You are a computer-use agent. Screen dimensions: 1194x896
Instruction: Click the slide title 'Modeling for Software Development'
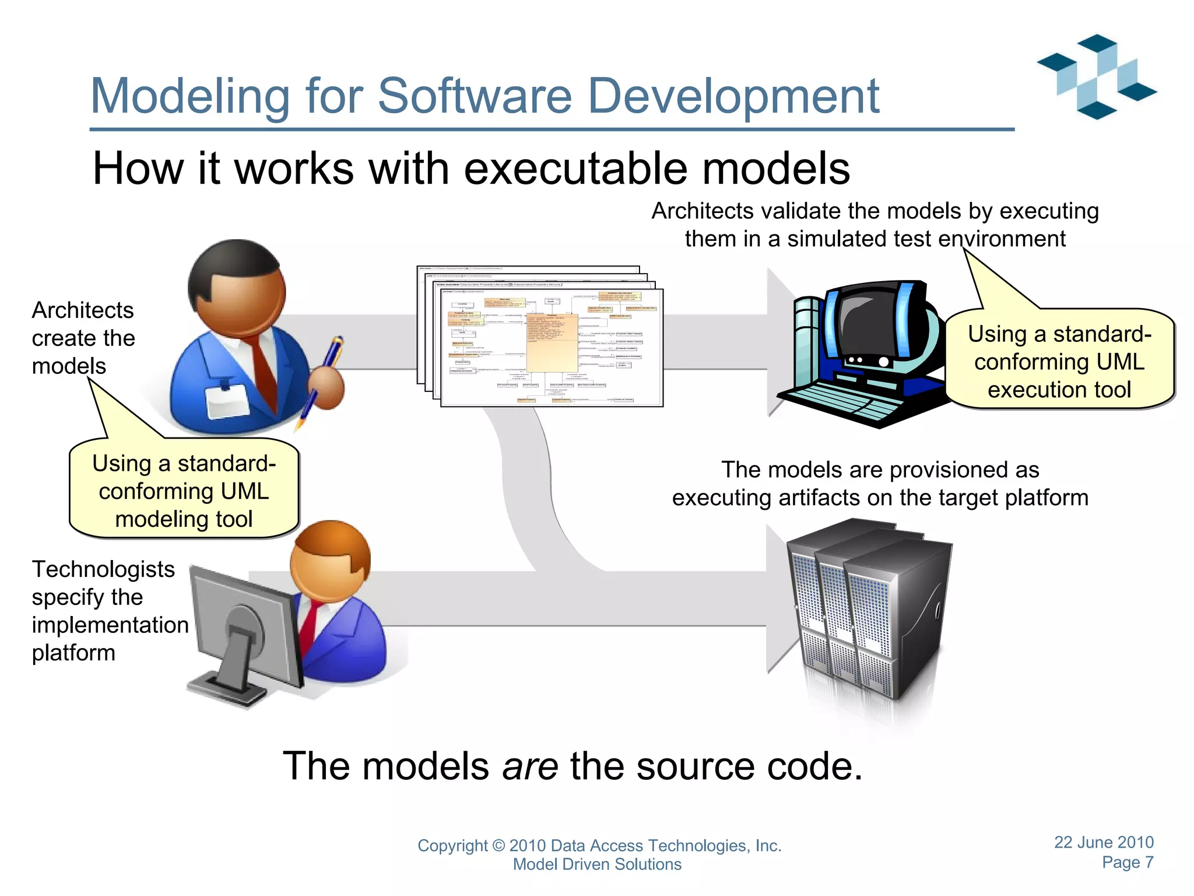(x=484, y=96)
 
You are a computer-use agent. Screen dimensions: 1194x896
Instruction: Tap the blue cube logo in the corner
(x=1096, y=76)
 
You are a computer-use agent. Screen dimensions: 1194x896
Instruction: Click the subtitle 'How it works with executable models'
(x=471, y=169)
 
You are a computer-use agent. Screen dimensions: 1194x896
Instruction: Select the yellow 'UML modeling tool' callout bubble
(x=184, y=491)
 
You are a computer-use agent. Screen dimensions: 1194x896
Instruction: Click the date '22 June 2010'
(x=1103, y=842)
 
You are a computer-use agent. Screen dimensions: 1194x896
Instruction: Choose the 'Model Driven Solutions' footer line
(x=597, y=864)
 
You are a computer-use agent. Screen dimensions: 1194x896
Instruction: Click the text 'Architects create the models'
(x=83, y=338)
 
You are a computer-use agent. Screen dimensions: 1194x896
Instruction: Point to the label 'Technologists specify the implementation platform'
(x=110, y=611)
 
